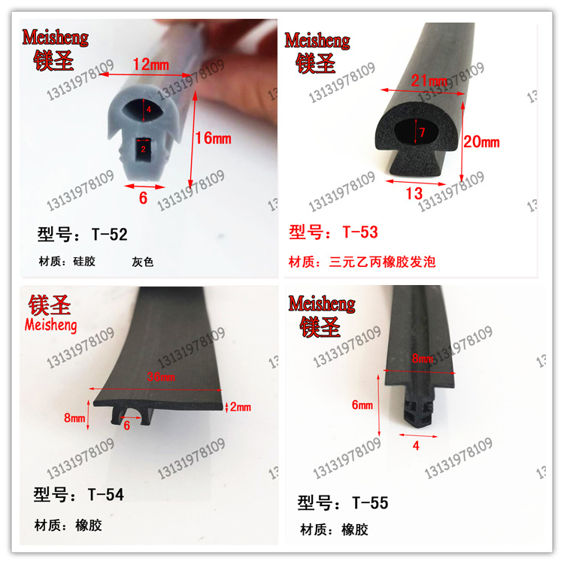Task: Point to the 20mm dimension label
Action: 481,141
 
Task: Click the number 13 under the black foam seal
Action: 414,193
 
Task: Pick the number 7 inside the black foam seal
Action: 422,132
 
